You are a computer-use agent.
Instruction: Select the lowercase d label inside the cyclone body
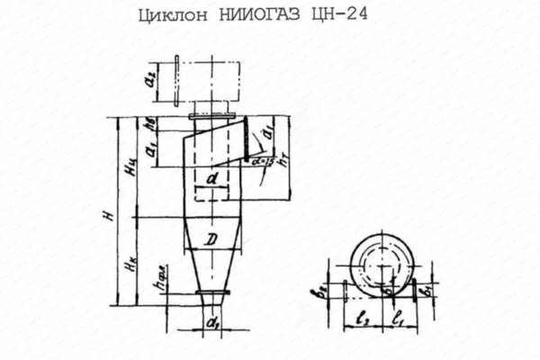(210, 179)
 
